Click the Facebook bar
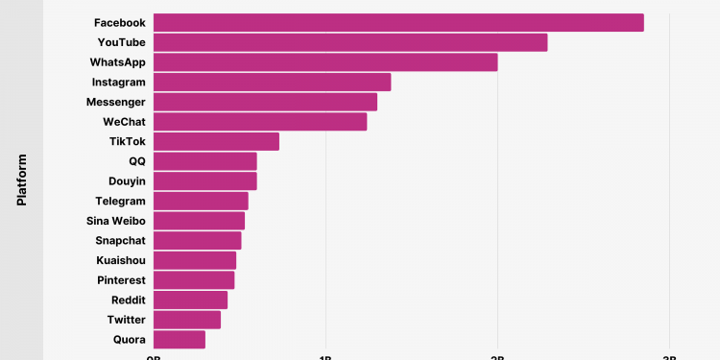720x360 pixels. pos(398,22)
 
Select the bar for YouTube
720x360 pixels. pos(350,42)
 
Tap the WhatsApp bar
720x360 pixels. pos(325,62)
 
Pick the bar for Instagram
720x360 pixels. pos(272,82)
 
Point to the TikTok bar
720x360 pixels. pos(216,141)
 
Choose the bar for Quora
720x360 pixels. pos(180,339)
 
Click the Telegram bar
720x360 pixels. pos(201,201)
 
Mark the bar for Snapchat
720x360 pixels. pos(197,240)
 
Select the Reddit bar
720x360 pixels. pos(190,300)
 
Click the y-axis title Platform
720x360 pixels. pos(21,180)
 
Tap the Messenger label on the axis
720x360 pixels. pos(115,102)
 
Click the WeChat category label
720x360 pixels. pos(124,122)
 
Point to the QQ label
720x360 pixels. pos(136,161)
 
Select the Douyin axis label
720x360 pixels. pos(127,180)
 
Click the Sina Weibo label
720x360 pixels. pos(115,221)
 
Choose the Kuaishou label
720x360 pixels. pos(121,260)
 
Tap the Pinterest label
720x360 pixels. pos(121,280)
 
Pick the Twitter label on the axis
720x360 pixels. pos(126,320)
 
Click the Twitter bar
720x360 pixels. pos(187,320)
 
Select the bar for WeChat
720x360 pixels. pos(260,121)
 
